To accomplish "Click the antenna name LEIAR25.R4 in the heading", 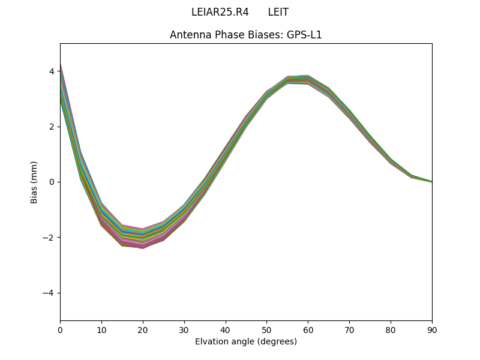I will (220, 12).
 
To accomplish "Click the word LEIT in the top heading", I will (278, 12).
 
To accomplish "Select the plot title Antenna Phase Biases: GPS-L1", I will (245, 35).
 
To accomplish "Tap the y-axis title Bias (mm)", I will (34, 182).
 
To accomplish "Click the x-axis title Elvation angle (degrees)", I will (245, 341).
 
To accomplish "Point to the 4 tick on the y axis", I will (52, 71).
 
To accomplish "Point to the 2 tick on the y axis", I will (52, 127).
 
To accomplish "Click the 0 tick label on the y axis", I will (52, 182).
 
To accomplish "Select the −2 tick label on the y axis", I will (49, 238).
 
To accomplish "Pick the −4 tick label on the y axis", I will (49, 293).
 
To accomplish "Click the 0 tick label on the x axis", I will (60, 329).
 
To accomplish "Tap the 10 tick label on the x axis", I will (101, 329).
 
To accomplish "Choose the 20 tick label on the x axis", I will (143, 329).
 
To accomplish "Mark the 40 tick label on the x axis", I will (226, 329).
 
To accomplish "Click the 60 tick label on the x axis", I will (308, 329).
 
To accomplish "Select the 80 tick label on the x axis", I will (391, 329).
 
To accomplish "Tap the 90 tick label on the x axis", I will (431, 329).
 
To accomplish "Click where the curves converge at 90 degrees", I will (431, 181).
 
